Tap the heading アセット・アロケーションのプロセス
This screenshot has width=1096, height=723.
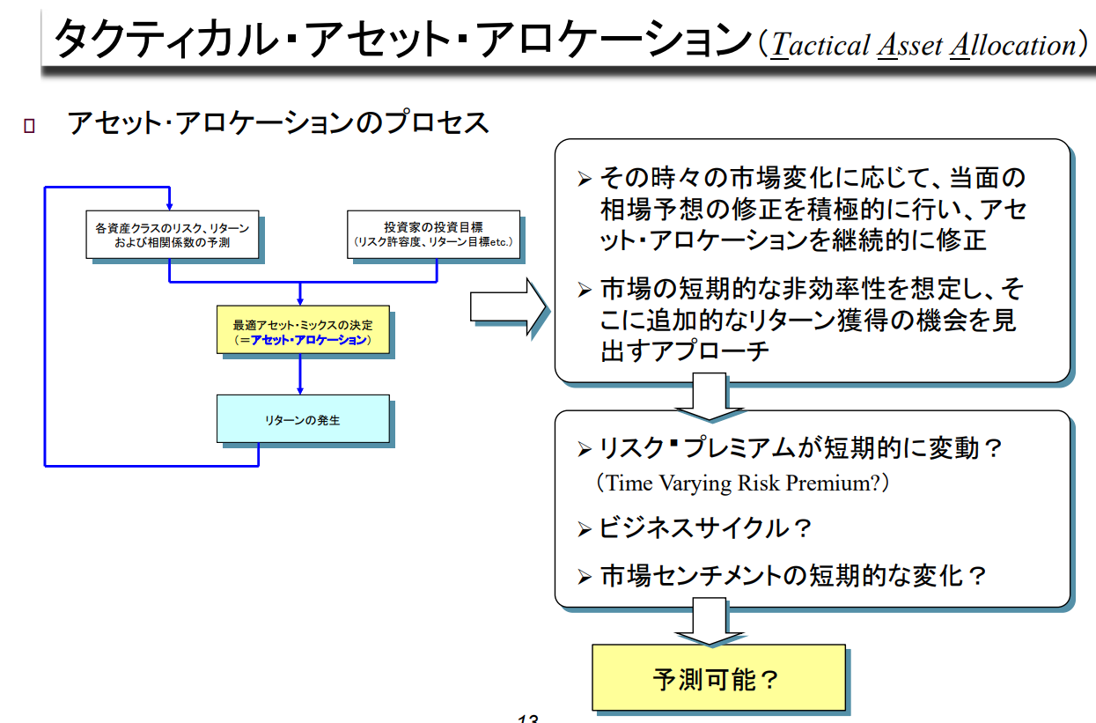click(x=278, y=122)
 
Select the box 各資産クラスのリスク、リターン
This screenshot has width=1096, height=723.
click(x=173, y=234)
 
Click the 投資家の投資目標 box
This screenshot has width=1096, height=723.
click(x=433, y=234)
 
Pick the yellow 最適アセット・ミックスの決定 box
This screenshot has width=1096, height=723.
click(x=303, y=331)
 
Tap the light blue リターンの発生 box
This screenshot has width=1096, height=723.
click(x=303, y=420)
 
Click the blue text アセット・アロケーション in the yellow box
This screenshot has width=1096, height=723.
click(x=308, y=340)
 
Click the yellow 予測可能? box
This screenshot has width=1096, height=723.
click(x=717, y=678)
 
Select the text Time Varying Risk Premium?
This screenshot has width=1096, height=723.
click(x=742, y=483)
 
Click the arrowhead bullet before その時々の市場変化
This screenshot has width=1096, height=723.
click(x=585, y=180)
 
